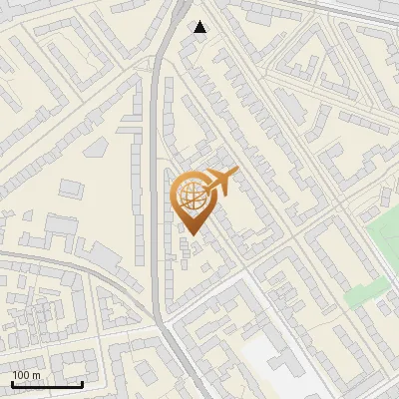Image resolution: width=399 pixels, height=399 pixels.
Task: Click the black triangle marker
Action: point(200,27)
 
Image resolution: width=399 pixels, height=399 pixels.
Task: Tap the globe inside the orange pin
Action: point(191,195)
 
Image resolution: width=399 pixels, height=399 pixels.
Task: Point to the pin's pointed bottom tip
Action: point(191,234)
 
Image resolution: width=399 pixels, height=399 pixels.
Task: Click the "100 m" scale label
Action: point(27,375)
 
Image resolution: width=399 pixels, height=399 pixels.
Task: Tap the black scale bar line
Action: point(47,384)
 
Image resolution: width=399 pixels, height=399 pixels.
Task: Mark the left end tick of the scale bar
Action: point(12,383)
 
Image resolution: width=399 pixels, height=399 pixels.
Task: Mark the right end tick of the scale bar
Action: point(82,383)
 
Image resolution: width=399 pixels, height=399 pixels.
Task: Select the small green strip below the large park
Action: point(366,291)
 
